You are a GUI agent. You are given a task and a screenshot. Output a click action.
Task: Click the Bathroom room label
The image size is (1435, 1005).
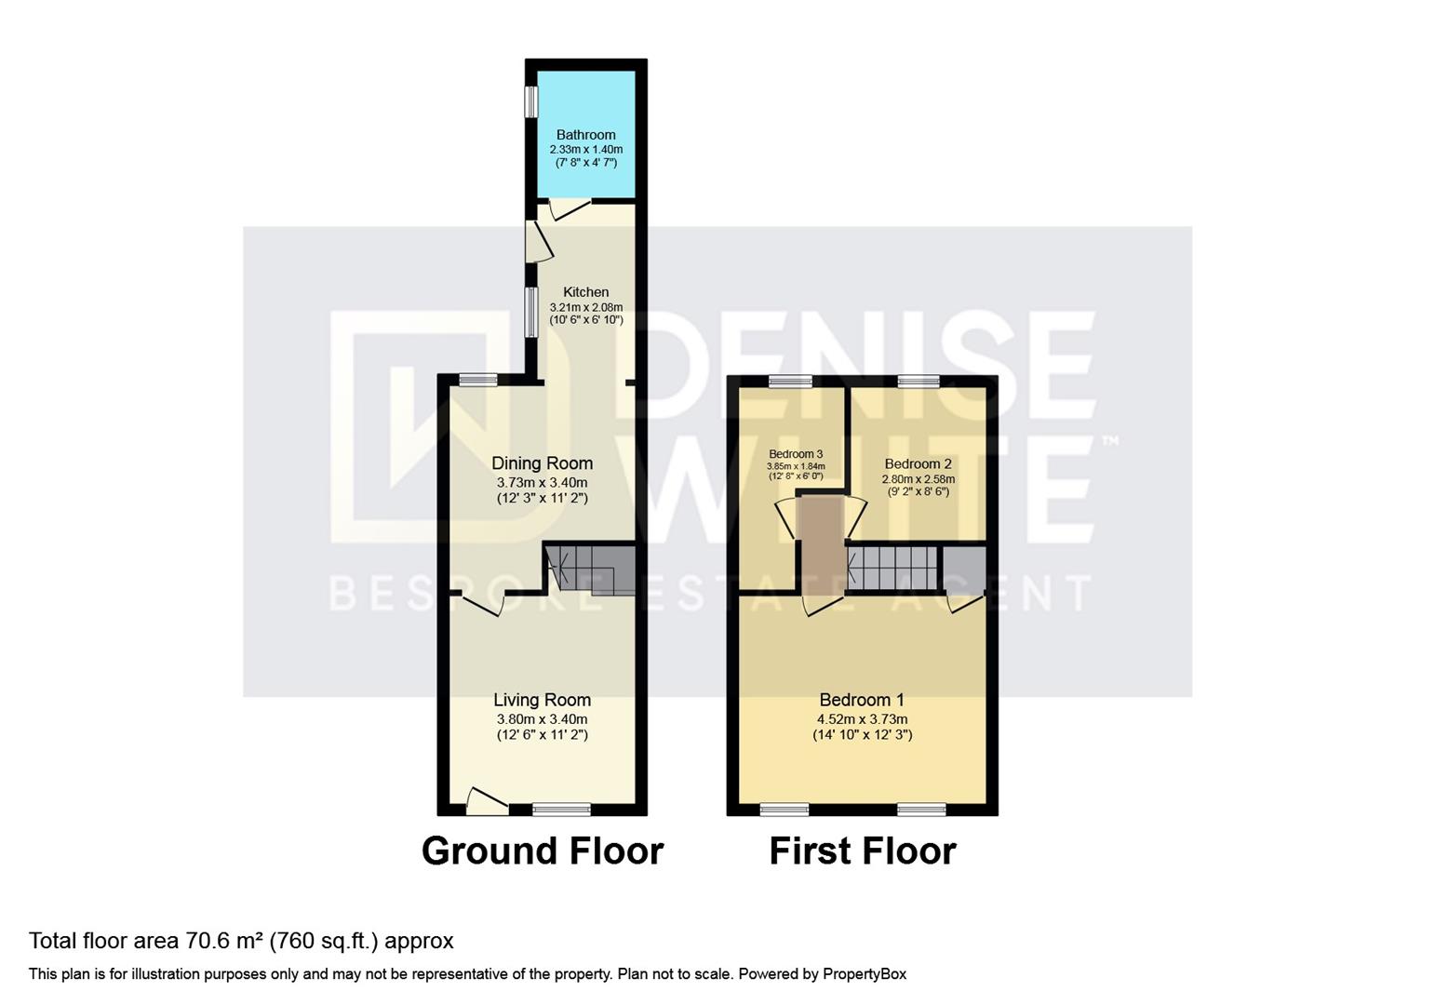click(585, 135)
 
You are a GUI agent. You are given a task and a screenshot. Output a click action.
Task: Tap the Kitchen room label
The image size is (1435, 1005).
click(585, 292)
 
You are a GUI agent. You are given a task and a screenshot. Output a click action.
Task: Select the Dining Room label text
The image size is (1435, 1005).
click(542, 463)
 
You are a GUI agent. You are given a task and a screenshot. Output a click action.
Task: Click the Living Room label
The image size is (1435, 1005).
click(542, 700)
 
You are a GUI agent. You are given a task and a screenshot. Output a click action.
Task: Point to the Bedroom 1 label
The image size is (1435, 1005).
click(862, 700)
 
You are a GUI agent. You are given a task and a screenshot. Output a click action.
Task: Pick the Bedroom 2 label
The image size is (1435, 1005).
click(918, 464)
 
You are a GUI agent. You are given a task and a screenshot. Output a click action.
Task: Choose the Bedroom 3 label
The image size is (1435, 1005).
click(795, 455)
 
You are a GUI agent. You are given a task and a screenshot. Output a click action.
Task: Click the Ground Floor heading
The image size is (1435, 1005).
click(542, 851)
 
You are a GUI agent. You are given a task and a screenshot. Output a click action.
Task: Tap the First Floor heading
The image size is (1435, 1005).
click(862, 851)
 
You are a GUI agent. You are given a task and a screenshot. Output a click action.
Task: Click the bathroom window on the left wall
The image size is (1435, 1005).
click(530, 102)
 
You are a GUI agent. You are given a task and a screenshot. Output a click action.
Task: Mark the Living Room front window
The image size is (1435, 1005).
click(561, 810)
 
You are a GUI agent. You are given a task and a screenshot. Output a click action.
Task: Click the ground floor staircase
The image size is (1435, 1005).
click(590, 569)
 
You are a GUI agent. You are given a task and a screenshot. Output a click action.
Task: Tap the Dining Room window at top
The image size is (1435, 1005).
click(478, 379)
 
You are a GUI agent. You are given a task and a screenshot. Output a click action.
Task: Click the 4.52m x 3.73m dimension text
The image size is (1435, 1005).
click(862, 719)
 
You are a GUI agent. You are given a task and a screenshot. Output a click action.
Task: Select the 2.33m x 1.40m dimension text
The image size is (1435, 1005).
click(585, 150)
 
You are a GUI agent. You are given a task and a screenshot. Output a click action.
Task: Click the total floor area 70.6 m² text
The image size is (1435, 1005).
click(241, 941)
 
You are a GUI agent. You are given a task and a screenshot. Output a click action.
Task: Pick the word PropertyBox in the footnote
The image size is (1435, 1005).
click(864, 974)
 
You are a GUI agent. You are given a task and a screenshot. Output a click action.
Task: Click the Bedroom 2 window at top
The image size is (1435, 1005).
click(918, 380)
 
